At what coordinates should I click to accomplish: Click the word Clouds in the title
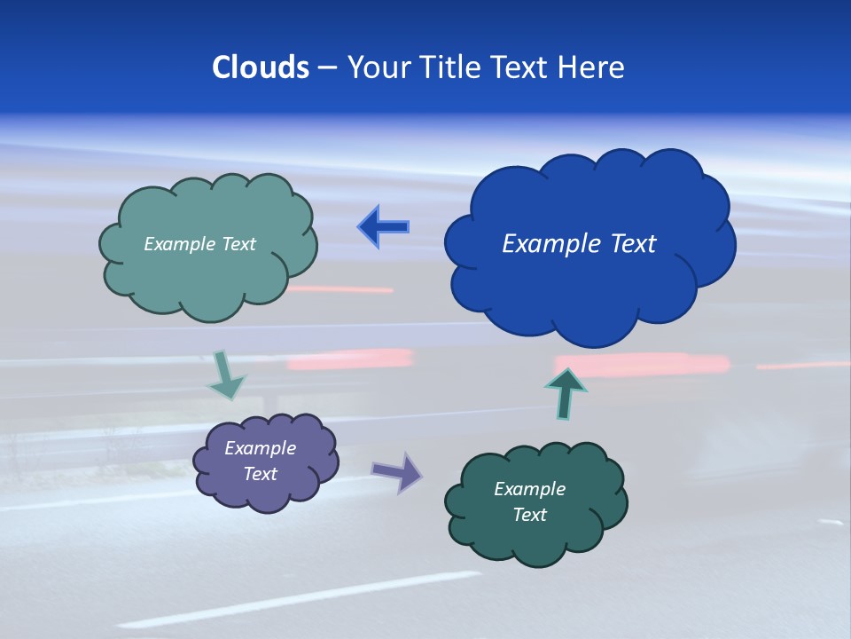pyautogui.click(x=260, y=67)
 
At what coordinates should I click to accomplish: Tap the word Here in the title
pyautogui.click(x=593, y=67)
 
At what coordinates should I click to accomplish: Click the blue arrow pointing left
pyautogui.click(x=383, y=227)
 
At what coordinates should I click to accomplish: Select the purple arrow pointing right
pyautogui.click(x=397, y=471)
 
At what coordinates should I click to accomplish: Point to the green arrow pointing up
pyautogui.click(x=566, y=393)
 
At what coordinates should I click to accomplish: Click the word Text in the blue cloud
pyautogui.click(x=633, y=244)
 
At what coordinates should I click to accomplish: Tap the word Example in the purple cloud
pyautogui.click(x=260, y=448)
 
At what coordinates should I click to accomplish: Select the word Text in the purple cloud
pyautogui.click(x=260, y=474)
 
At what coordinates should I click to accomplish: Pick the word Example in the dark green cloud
pyautogui.click(x=529, y=489)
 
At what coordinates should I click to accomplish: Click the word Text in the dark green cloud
pyautogui.click(x=529, y=515)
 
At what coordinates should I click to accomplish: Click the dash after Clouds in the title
pyautogui.click(x=327, y=68)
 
